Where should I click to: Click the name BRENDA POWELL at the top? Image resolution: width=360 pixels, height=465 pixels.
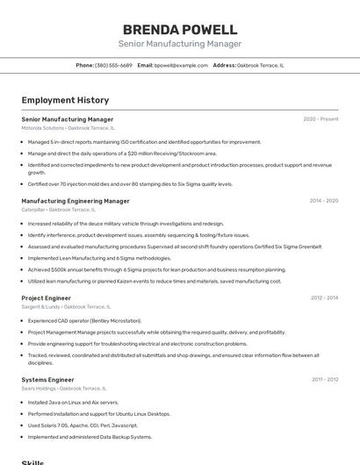coord(180,29)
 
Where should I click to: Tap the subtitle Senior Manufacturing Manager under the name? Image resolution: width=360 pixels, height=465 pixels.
coord(180,44)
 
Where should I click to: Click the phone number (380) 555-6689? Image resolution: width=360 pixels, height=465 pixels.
coord(113,65)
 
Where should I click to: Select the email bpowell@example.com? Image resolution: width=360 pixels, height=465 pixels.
coord(181,65)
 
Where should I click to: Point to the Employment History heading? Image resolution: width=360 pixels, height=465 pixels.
coord(65,100)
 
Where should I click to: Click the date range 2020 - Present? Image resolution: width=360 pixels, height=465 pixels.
coord(320,119)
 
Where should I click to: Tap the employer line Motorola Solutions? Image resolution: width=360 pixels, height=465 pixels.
coord(68,128)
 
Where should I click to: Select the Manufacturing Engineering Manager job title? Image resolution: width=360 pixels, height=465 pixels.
coord(76,201)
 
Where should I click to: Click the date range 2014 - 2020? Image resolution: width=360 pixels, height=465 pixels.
coord(323,201)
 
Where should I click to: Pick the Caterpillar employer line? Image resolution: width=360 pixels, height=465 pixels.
coord(58,210)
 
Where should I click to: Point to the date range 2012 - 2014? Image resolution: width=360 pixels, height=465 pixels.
coord(324,298)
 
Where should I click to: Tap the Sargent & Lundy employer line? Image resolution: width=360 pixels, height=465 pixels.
coord(66,307)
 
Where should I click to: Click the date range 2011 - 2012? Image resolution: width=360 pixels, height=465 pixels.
coord(324,379)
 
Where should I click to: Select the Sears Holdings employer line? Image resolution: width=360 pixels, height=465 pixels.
coord(63,388)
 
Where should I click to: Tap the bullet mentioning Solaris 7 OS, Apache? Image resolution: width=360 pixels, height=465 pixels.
coord(83,425)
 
